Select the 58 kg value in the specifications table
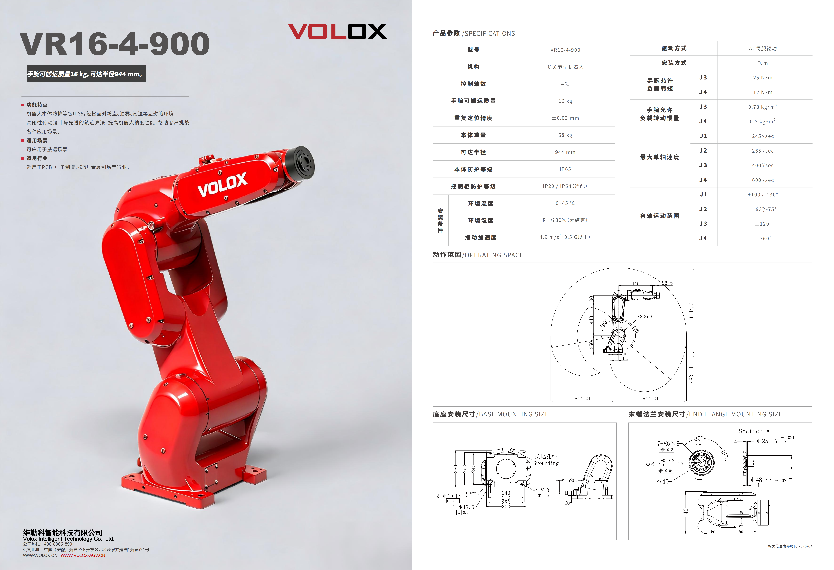tap(565, 135)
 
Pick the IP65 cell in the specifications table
tap(565, 169)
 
